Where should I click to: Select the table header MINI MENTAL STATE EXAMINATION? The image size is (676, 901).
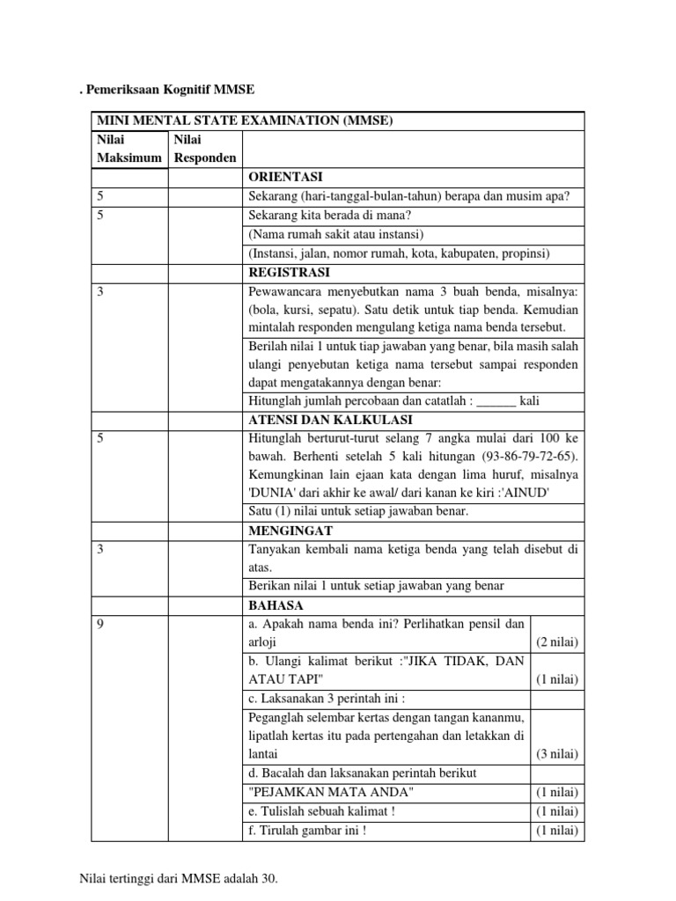pos(246,121)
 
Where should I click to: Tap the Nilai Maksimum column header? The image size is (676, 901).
pos(129,149)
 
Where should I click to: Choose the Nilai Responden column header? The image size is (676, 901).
pos(205,149)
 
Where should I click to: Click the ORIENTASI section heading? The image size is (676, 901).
pos(286,177)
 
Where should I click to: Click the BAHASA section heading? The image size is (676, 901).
pos(276,605)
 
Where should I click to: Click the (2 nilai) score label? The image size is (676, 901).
pos(556,642)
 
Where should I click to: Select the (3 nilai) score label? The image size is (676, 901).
pos(556,754)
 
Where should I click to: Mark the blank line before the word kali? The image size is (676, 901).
pos(496,401)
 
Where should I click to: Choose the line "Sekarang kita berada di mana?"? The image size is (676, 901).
pos(331,216)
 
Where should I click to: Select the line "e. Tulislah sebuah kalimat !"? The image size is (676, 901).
pos(318,811)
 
